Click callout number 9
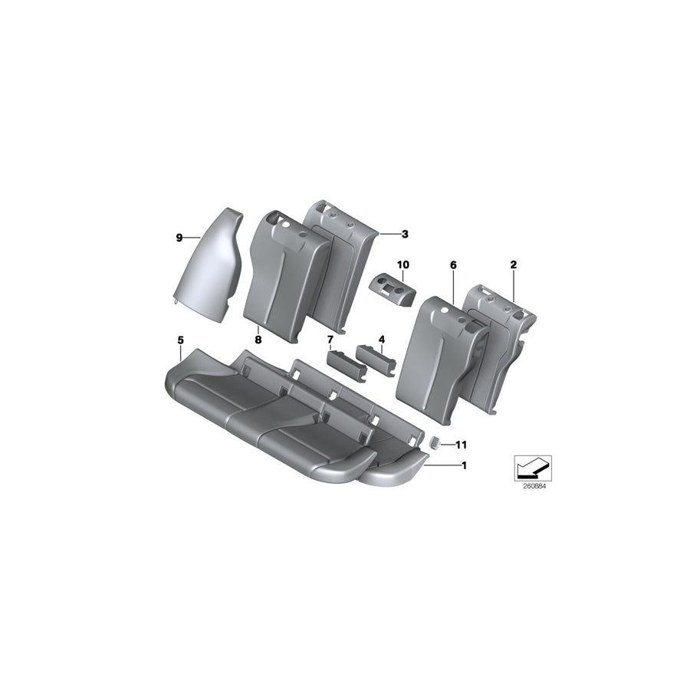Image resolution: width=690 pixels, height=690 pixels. click(179, 238)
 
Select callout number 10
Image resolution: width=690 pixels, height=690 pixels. click(403, 264)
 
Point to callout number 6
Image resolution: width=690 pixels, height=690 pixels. click(453, 264)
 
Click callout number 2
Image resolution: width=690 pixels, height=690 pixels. click(514, 264)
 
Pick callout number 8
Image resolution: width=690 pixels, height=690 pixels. click(258, 338)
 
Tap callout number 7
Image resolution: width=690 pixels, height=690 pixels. click(330, 338)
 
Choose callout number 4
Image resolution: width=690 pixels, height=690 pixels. click(381, 338)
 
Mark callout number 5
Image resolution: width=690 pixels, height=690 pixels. click(180, 338)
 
